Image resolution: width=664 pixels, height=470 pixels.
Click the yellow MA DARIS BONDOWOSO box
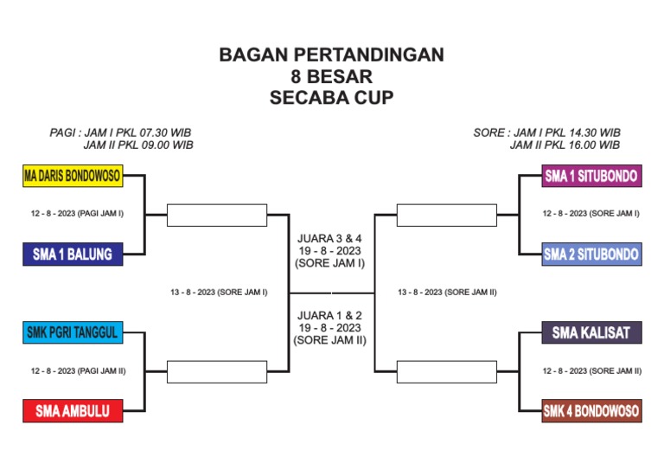[x=73, y=177]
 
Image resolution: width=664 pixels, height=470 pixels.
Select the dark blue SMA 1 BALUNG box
[x=73, y=254]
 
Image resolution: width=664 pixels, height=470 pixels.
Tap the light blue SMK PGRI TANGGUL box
[x=73, y=332]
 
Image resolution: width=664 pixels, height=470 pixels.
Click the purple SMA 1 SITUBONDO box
[x=591, y=177]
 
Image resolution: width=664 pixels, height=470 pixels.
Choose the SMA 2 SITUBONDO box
[x=591, y=254]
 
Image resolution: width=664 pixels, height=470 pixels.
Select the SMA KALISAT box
[x=591, y=332]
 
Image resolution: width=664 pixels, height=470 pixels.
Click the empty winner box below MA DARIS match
[x=216, y=215]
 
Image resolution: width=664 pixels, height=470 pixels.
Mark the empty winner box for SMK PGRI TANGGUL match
[x=216, y=371]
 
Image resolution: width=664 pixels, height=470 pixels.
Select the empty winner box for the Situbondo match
[x=446, y=215]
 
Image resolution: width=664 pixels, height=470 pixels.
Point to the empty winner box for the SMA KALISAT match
[x=446, y=371]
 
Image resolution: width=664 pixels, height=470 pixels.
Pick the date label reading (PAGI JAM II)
[x=79, y=370]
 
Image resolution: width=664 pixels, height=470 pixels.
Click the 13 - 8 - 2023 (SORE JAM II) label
[x=447, y=293]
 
